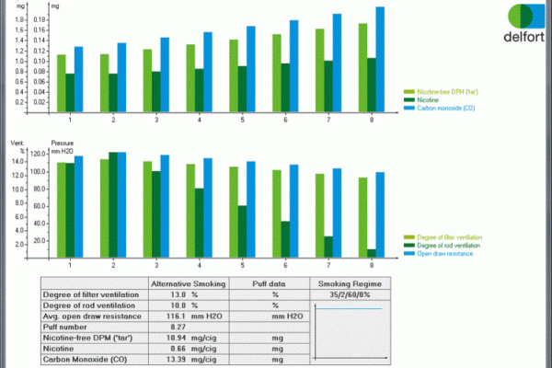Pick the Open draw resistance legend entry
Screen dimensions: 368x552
coord(451,254)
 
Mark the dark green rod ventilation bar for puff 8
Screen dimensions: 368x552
coord(372,253)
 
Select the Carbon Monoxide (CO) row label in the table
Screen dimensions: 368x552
coord(86,360)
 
